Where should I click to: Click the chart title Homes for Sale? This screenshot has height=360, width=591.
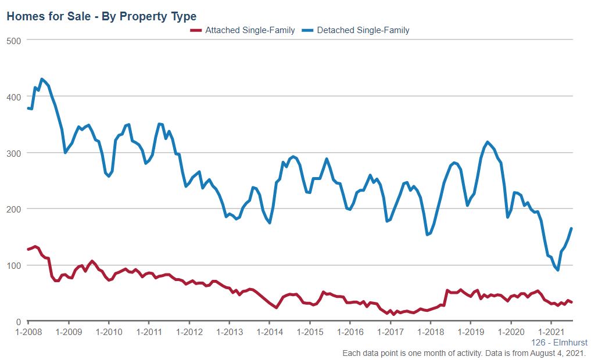101,16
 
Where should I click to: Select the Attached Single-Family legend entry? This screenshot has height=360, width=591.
250,30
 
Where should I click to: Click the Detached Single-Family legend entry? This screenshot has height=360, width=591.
363,30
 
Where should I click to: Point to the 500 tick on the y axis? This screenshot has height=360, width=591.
14,40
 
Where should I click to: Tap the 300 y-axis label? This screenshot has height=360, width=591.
14,153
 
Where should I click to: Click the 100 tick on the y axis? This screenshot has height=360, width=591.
14,265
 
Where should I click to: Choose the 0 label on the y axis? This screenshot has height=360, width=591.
19,322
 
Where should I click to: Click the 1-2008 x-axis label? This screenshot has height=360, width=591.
28,332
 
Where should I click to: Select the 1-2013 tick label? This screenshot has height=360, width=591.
229,332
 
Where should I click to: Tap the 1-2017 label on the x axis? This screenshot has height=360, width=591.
389,332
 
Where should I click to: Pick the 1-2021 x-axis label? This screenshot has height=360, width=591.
550,332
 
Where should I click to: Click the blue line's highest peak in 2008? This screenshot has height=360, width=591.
42,79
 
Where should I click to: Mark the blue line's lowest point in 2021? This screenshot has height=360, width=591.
558,270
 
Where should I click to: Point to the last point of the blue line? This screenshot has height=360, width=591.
571,228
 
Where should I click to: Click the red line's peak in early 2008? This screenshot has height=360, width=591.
35,246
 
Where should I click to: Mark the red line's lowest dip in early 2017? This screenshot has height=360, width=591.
393,314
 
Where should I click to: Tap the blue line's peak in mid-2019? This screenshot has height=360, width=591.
487,142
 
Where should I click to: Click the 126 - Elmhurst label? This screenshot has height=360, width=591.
559,343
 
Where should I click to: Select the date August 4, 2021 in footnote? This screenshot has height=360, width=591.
556,353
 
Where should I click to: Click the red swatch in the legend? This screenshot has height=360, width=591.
196,30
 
